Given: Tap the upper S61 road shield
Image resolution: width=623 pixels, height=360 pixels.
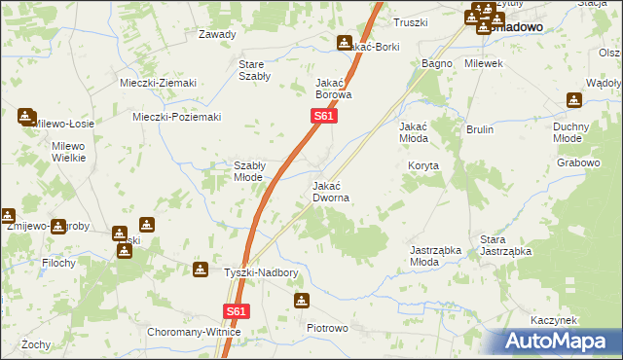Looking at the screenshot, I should (x=324, y=117).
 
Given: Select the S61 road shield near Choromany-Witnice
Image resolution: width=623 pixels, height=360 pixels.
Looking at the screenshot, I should (x=236, y=311).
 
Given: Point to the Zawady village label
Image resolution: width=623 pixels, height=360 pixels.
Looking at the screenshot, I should (x=217, y=34).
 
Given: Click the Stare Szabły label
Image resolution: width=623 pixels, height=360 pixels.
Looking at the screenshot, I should (x=254, y=70).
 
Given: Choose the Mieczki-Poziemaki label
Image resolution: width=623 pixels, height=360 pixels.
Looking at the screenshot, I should (x=176, y=117).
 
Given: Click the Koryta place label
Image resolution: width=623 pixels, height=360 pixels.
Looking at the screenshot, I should (x=423, y=165).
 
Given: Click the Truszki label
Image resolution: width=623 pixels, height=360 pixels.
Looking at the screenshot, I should (x=411, y=22).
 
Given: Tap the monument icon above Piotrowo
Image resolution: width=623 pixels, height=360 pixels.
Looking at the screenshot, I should (x=301, y=302).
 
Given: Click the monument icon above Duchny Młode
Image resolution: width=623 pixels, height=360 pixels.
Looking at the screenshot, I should (x=574, y=99).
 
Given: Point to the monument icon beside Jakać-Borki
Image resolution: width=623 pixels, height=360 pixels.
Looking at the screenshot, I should (x=344, y=42).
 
